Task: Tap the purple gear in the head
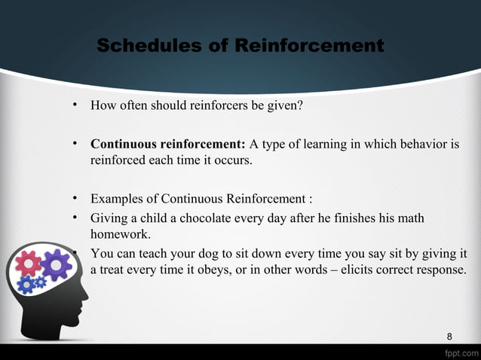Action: [x=55, y=264]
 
